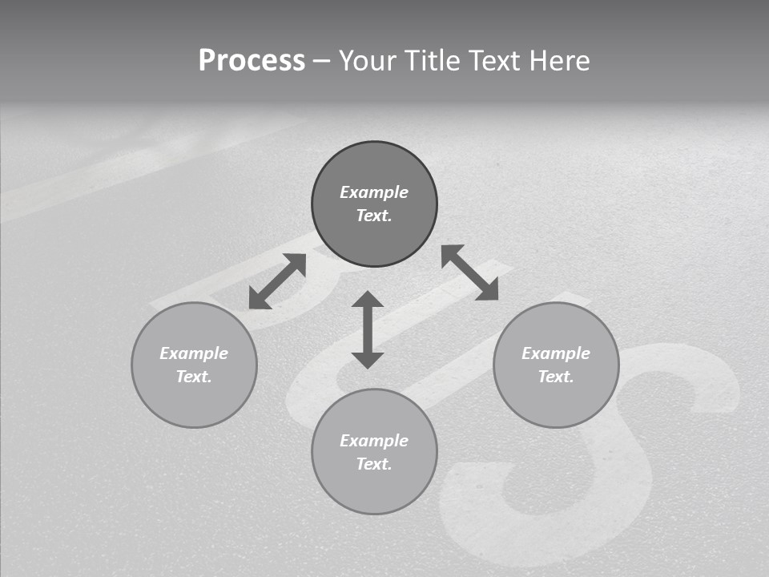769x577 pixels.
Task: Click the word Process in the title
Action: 252,61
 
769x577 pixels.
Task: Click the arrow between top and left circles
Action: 277,281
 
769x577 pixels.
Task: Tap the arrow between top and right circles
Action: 470,272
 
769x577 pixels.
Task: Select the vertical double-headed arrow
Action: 368,329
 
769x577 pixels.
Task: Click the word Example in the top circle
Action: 374,192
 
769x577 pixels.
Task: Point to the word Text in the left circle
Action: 194,377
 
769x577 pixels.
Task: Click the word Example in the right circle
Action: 556,353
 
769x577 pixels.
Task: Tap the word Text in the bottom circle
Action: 374,464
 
